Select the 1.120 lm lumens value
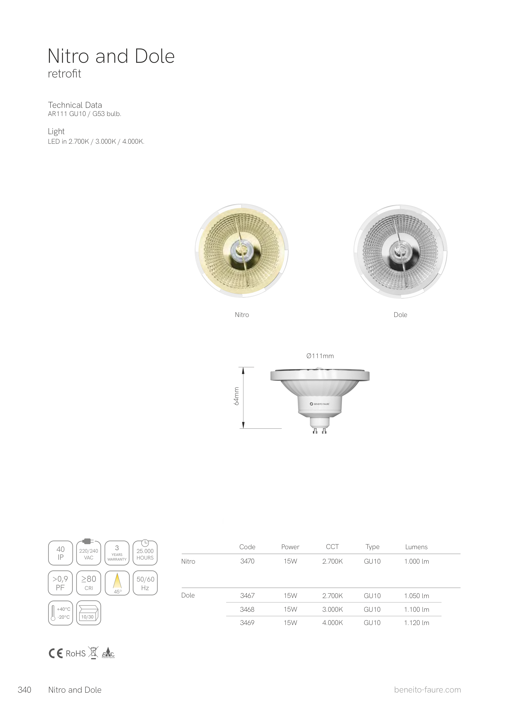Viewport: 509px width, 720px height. click(416, 623)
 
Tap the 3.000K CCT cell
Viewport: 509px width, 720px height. click(332, 609)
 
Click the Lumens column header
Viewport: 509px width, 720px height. click(416, 547)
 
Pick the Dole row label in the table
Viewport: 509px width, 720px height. click(188, 595)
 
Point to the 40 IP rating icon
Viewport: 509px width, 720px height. click(61, 553)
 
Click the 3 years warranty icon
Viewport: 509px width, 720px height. click(117, 553)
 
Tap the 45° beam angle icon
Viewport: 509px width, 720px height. click(117, 583)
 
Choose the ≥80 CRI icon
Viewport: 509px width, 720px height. click(89, 583)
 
